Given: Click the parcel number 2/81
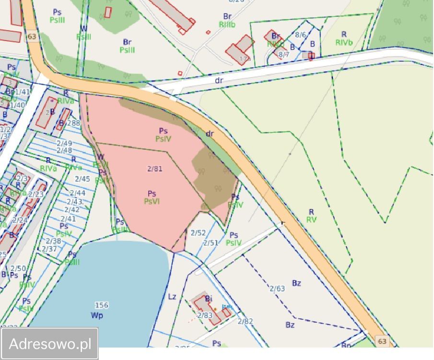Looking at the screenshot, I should point(154,168).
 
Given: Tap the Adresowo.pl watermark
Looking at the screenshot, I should point(50,344).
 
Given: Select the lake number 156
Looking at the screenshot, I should point(101,305).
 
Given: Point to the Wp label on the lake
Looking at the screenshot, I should point(97,315).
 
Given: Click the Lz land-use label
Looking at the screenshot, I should point(172,297).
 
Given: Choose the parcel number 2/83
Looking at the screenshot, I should point(205,315).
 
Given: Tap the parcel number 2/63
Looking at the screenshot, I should point(277,288).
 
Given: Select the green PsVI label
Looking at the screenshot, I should point(152,202).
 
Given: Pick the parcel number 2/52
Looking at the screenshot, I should point(198,233).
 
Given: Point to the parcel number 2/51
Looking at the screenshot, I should point(211,243).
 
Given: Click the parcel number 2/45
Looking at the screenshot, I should point(82,179).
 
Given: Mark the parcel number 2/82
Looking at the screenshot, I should point(245,321).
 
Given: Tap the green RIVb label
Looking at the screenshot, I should point(344,42).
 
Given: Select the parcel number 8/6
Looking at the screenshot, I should point(300,35).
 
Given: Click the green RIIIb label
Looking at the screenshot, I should point(227,24).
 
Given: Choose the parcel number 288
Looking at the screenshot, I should point(73,123).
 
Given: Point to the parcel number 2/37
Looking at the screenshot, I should point(49,249).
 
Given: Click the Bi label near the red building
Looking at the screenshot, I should point(209,299).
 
